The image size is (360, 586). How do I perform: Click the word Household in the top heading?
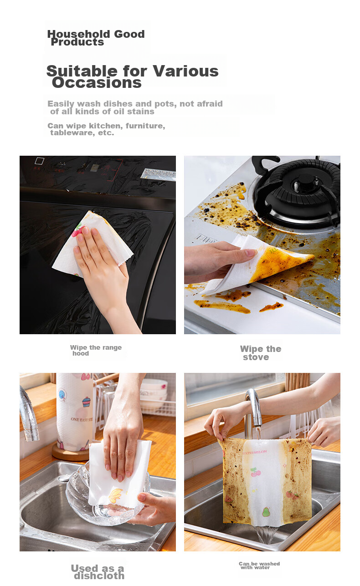(78, 34)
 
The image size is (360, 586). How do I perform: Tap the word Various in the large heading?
(185, 71)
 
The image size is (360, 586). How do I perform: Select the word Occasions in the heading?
(97, 83)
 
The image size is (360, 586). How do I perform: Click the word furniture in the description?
(145, 126)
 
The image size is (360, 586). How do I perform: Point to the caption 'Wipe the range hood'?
(96, 350)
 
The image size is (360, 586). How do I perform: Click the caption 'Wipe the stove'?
(261, 352)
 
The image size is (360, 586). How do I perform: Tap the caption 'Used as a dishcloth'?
(98, 572)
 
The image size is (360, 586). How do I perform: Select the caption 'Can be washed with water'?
(259, 566)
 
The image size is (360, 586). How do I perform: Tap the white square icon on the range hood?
(39, 161)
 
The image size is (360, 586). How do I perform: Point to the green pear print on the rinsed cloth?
(266, 512)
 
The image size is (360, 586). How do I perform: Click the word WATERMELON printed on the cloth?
(254, 452)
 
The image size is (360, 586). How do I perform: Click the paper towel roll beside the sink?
(75, 411)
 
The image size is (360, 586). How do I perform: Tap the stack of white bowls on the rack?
(154, 392)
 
